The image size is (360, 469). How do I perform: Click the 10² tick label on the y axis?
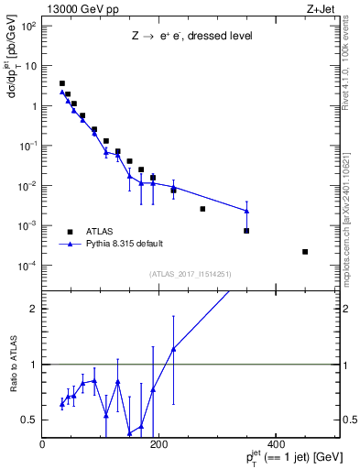[29, 25]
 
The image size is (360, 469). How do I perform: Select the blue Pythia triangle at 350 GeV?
[246, 211]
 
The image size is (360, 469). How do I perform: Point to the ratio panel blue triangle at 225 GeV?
[173, 349]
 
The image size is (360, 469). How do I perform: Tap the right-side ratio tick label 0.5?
[347, 420]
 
